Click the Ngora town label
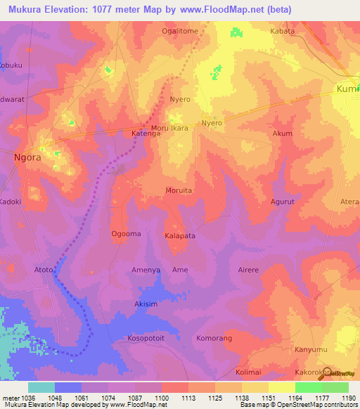point(28,157)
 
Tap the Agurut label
point(283,201)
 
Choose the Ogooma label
point(126,234)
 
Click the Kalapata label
point(180,236)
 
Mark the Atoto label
point(44,269)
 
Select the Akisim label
point(146,304)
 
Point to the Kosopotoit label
point(146,338)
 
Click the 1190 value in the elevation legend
point(347,398)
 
